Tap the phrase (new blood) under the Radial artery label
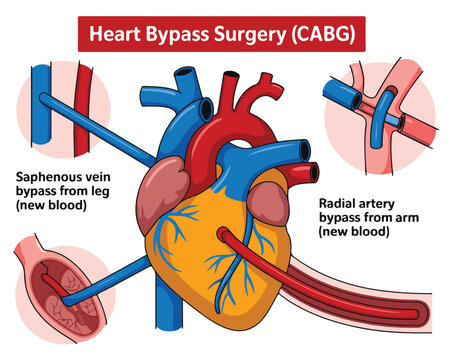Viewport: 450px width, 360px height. click(x=356, y=232)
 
